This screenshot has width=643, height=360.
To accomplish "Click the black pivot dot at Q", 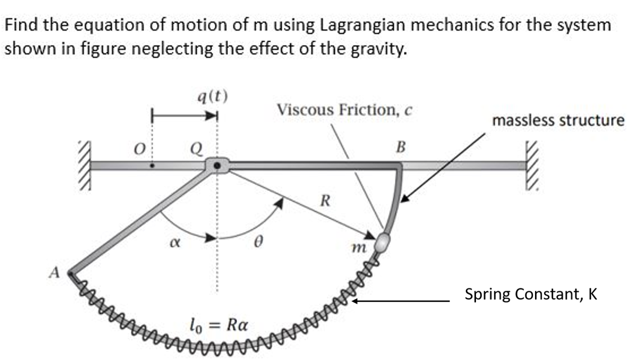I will [217, 166].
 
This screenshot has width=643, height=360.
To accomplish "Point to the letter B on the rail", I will [400, 146].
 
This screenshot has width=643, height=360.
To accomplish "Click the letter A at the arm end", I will [55, 273].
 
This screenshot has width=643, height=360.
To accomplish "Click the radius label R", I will [324, 200].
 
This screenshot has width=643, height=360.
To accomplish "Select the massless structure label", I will [558, 120].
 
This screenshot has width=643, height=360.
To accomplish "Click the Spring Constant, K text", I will [531, 294].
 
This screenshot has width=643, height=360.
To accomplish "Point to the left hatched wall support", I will [85, 166].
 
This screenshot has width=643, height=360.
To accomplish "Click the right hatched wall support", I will [534, 166].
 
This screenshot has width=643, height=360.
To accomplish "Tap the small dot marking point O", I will [152, 166].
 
